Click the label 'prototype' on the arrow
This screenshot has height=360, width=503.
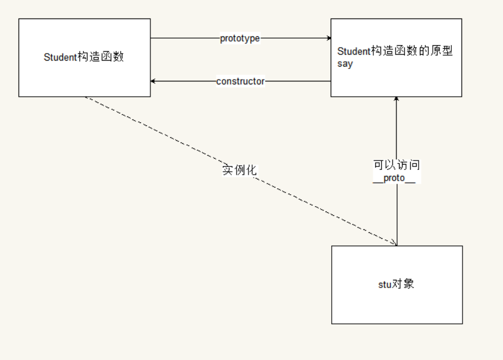tap(240, 39)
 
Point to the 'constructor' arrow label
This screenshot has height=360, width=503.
tap(240, 81)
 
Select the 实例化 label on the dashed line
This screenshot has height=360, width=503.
tap(240, 170)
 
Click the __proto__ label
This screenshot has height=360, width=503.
tap(394, 179)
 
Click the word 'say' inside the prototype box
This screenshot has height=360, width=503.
tap(345, 64)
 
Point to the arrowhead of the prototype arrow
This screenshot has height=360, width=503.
tap(329, 39)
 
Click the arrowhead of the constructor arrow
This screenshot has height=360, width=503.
tap(153, 81)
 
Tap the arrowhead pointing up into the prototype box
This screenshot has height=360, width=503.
tap(397, 99)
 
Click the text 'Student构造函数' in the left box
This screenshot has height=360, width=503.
tap(84, 58)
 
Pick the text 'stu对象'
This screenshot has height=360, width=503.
tap(396, 284)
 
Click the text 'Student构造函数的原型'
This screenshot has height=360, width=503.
tap(395, 52)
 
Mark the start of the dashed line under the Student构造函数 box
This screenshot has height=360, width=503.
tap(85, 97)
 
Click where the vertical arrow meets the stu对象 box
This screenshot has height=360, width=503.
tap(397, 246)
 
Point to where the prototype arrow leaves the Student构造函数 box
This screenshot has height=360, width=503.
tap(151, 39)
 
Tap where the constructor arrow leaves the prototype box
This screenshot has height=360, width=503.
tap(331, 81)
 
